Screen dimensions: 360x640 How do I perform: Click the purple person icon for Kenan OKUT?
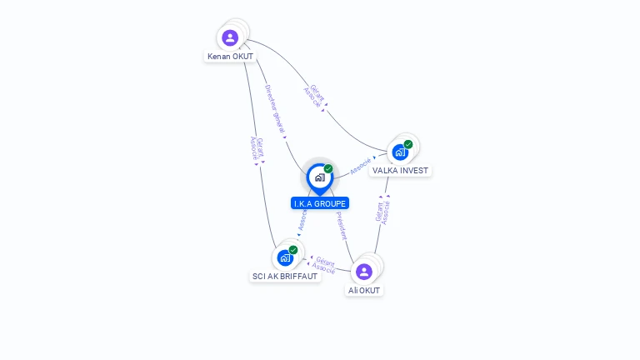230,37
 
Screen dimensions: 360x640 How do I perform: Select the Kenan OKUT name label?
230,57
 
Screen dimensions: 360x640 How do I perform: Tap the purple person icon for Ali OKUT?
363,272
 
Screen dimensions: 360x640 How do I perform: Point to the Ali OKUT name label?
364,291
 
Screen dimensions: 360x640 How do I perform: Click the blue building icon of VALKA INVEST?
400,152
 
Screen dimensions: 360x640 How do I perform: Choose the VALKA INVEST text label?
400,171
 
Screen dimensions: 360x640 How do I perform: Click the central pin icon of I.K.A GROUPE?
319,177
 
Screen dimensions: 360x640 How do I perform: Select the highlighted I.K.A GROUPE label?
320,203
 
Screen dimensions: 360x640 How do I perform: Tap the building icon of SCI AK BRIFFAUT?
285,258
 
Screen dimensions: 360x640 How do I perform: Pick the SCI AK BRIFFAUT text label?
285,277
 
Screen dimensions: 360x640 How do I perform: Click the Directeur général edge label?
275,109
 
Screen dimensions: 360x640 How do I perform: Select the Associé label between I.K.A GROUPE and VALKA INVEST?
361,165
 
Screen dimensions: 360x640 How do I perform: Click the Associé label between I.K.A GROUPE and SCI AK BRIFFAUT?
302,220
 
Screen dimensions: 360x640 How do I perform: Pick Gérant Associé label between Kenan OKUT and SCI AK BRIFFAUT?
257,148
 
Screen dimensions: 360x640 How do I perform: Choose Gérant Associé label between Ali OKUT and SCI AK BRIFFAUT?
324,266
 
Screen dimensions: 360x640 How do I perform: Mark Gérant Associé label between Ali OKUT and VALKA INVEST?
383,211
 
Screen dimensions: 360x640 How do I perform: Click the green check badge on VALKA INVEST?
408,144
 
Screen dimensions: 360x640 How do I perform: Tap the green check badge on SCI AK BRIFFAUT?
293,250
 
